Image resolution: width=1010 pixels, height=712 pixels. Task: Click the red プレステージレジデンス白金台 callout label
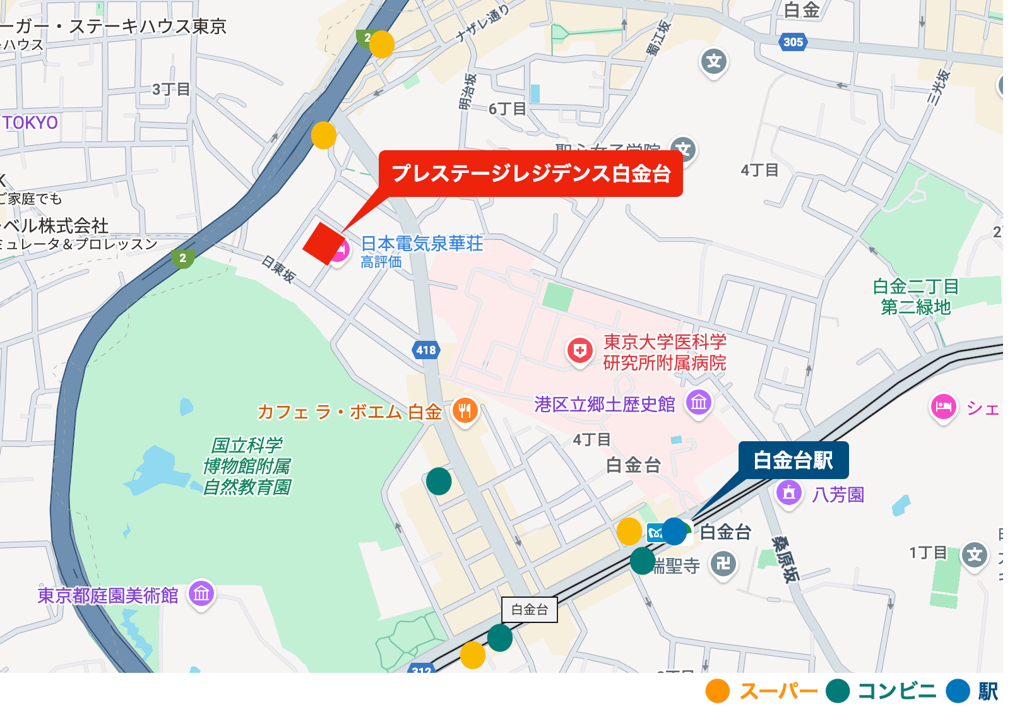click(x=530, y=174)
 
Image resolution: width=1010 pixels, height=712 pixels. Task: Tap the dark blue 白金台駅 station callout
click(x=793, y=460)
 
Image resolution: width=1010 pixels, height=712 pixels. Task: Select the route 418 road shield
click(x=426, y=350)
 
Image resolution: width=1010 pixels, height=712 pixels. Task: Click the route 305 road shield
click(x=793, y=42)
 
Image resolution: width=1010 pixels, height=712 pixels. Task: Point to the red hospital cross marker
click(x=579, y=350)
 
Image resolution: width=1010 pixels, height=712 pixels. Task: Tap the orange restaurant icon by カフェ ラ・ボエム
click(x=465, y=411)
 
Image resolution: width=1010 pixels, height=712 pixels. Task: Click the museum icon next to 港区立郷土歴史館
click(x=699, y=402)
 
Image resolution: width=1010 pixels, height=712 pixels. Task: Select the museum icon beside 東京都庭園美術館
click(x=201, y=593)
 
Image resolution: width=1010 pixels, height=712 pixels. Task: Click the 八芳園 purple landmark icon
click(x=788, y=493)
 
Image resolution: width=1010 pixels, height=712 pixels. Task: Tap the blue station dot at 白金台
click(x=674, y=531)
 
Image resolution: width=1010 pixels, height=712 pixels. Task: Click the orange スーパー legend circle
click(x=718, y=691)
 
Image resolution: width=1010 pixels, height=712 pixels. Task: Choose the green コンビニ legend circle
click(x=837, y=691)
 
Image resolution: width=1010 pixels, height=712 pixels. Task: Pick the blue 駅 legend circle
click(x=958, y=691)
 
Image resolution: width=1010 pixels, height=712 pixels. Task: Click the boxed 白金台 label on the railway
click(x=529, y=610)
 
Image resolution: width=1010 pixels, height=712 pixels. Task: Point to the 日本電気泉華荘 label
click(x=422, y=244)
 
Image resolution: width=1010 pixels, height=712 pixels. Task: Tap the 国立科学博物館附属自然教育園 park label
click(x=247, y=466)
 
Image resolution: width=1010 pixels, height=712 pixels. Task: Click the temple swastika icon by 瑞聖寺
click(x=723, y=562)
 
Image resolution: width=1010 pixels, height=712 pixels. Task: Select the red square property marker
click(x=324, y=244)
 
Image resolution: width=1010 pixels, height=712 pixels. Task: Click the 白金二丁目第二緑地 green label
click(x=915, y=297)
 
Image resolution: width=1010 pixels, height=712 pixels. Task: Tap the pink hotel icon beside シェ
click(x=943, y=406)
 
